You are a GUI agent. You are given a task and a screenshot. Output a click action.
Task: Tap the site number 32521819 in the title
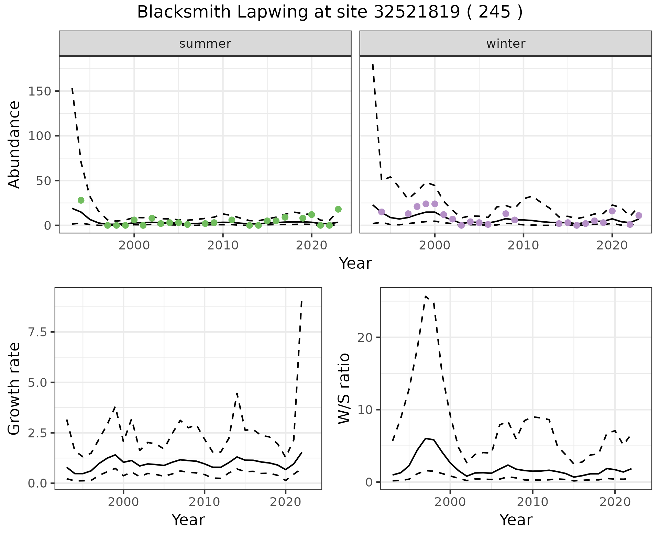417,12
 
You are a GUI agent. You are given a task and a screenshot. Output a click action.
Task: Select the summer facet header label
205,44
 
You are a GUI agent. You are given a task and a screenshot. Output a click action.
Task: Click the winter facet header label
506,44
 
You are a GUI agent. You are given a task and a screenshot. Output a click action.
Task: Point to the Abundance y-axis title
14,145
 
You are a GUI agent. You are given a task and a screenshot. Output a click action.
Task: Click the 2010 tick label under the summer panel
223,246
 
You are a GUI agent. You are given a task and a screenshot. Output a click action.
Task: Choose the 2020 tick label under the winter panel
612,246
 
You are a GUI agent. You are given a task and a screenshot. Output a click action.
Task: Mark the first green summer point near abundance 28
81,200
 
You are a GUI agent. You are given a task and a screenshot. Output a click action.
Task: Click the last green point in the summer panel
338,209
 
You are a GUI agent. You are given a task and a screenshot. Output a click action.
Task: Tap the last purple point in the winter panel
639,215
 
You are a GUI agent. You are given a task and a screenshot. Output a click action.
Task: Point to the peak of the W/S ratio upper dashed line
426,296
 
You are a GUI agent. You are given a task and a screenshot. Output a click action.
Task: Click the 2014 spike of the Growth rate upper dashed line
237,393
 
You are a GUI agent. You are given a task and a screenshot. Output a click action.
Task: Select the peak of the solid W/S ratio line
426,438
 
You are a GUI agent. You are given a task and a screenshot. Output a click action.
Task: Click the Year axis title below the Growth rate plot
188,520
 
